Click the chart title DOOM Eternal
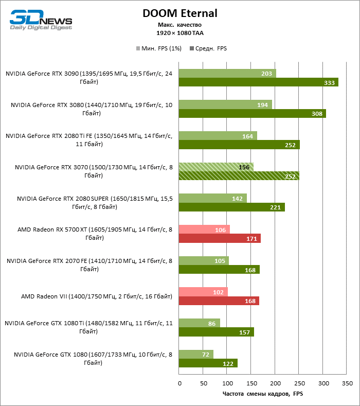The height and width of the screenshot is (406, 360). [x=180, y=13]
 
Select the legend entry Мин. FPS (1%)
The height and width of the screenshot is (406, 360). [x=158, y=48]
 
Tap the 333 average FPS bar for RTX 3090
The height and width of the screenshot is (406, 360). [x=258, y=82]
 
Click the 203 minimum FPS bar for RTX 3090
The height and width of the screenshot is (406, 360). [x=227, y=74]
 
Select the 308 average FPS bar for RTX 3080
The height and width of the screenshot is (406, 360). [x=252, y=113]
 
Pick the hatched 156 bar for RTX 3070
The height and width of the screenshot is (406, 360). [x=216, y=167]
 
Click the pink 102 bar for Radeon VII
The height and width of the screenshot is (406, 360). [x=203, y=292]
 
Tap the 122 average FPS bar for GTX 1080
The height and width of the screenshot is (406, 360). [x=208, y=363]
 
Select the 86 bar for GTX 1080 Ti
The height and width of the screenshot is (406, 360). [x=199, y=323]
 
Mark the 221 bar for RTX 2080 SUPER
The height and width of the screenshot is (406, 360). [x=231, y=207]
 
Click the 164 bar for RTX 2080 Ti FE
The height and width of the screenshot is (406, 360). [x=218, y=136]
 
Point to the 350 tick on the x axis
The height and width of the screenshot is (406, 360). [x=347, y=383]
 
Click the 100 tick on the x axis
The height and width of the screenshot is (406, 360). [x=227, y=383]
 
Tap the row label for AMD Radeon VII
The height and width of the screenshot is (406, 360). [x=96, y=296]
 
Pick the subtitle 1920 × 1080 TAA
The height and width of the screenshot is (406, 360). [x=180, y=32]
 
